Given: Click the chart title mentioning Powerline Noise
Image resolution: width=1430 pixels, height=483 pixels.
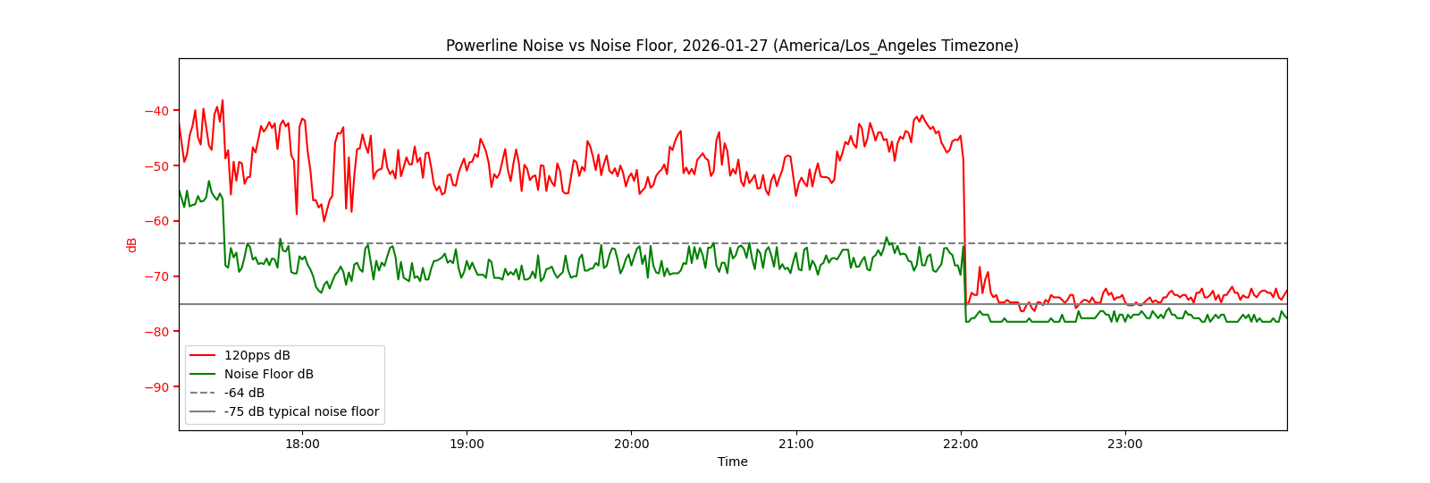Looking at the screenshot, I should click(732, 46).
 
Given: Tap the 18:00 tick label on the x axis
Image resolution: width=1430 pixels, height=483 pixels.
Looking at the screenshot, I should click(302, 444).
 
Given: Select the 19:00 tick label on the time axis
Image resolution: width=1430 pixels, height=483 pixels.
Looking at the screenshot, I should click(467, 444).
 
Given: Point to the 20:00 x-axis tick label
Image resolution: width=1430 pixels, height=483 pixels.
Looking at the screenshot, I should click(631, 444).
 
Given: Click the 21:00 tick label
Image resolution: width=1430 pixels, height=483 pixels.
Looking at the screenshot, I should click(795, 444).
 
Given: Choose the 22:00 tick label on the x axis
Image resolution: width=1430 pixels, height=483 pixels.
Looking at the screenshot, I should click(960, 444).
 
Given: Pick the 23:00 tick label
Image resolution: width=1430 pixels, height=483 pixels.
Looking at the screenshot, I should click(1124, 444).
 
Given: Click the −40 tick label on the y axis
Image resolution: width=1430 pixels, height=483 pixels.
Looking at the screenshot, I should click(156, 111).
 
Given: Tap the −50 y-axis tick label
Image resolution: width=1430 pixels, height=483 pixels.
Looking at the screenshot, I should click(156, 166).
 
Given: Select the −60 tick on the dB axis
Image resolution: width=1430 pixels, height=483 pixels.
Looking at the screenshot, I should click(156, 221).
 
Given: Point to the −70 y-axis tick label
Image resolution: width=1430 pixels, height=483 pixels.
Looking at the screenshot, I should click(156, 276).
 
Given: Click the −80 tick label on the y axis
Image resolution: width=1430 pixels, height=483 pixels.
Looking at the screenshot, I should click(156, 332).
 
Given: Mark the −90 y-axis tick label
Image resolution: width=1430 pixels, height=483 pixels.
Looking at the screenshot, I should click(156, 387).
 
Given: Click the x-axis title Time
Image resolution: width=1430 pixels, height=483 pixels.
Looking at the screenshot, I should click(732, 462).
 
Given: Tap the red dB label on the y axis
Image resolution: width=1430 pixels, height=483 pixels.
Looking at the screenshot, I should click(132, 245).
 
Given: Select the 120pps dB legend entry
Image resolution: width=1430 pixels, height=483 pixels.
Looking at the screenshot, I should click(257, 355).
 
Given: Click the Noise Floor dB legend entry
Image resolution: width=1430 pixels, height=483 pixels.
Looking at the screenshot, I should click(268, 374).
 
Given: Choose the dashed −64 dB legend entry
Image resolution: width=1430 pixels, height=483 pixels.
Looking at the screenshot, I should click(244, 393).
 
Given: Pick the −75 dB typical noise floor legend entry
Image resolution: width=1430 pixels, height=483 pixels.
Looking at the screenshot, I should click(301, 411).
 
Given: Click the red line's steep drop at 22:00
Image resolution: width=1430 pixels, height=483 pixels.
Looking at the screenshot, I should click(964, 233).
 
